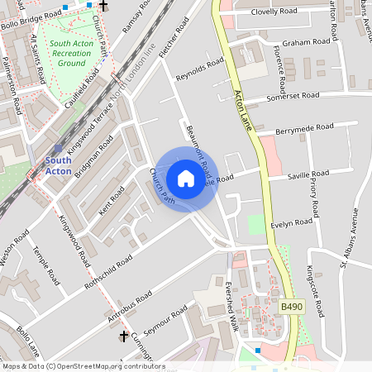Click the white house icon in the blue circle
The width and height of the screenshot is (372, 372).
point(186,179)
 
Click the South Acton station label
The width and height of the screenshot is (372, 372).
point(58,165)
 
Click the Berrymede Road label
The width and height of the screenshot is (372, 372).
point(304,128)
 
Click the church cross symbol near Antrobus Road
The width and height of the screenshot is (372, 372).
point(123,336)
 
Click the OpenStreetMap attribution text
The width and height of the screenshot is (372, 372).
point(83,366)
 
